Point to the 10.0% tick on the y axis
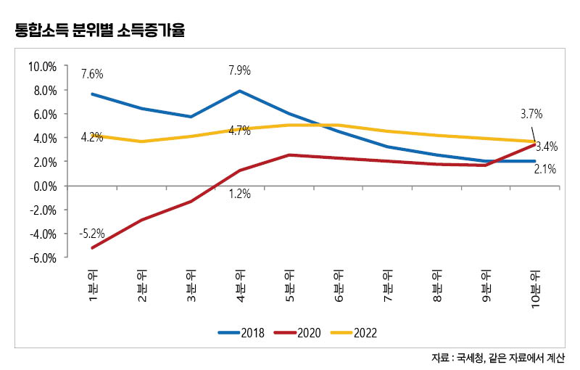[x=42, y=67]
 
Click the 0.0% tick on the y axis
[x=44, y=186]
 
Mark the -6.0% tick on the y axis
[x=42, y=258]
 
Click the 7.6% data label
[x=92, y=74]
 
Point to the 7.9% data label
[x=239, y=71]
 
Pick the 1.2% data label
[x=239, y=194]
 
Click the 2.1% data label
[x=545, y=170]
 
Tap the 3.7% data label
[x=531, y=114]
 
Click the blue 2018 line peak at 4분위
[x=240, y=91]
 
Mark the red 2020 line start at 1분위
[x=93, y=248]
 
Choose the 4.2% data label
[x=91, y=136]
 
